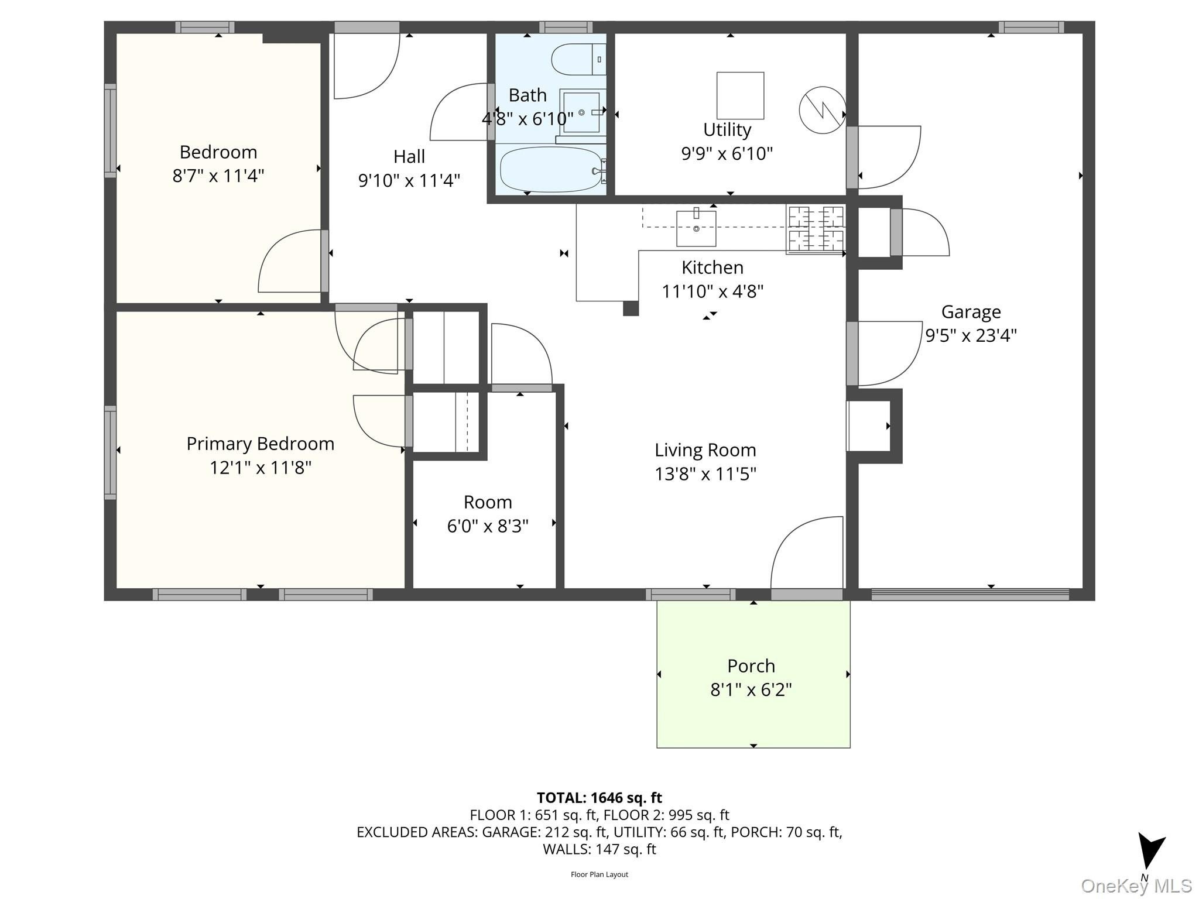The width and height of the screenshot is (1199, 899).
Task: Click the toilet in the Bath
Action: click(578, 59)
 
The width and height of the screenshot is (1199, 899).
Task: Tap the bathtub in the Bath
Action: click(551, 169)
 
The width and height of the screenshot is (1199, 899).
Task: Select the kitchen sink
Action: click(696, 228)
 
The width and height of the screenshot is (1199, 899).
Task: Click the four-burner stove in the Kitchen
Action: click(816, 229)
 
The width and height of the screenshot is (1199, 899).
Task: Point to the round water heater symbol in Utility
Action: click(823, 109)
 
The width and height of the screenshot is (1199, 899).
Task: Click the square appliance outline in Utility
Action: click(740, 95)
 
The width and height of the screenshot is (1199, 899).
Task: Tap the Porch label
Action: click(751, 665)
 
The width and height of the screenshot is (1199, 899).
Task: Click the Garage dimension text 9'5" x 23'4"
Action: click(971, 335)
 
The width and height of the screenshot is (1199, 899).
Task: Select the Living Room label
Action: click(705, 449)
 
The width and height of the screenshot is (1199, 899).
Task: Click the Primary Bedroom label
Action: click(261, 444)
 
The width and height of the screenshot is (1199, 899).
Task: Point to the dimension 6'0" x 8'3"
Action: click(488, 526)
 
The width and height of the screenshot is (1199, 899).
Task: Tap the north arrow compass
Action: click(1150, 855)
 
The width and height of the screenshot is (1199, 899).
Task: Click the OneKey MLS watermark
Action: click(1136, 886)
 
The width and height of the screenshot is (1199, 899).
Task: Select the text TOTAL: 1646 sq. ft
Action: click(599, 798)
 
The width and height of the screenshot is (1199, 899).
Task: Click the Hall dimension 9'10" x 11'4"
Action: click(409, 180)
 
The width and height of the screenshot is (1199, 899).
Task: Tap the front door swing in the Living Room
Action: click(807, 553)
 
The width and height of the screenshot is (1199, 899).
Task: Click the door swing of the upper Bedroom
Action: click(290, 260)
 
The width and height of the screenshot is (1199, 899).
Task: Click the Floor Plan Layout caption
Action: click(599, 874)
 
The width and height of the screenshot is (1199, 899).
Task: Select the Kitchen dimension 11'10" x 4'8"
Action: click(712, 291)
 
